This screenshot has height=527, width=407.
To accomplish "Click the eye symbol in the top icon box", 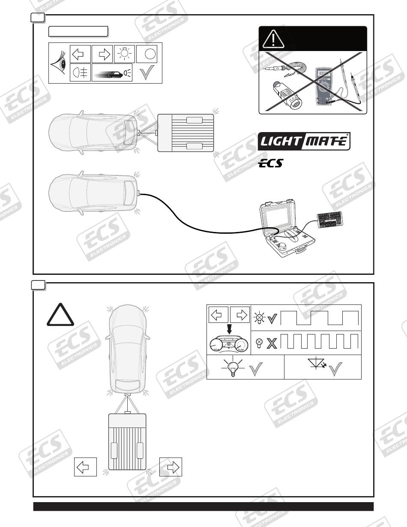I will (59, 64).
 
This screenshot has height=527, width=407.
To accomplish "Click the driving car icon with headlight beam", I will (112, 73).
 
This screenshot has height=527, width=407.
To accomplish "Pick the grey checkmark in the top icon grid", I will (148, 72).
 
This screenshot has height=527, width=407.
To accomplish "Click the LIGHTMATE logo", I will (304, 142).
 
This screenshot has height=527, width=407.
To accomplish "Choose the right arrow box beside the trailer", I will (171, 467).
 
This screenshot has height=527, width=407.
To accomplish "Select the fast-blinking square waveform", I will (323, 341).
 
